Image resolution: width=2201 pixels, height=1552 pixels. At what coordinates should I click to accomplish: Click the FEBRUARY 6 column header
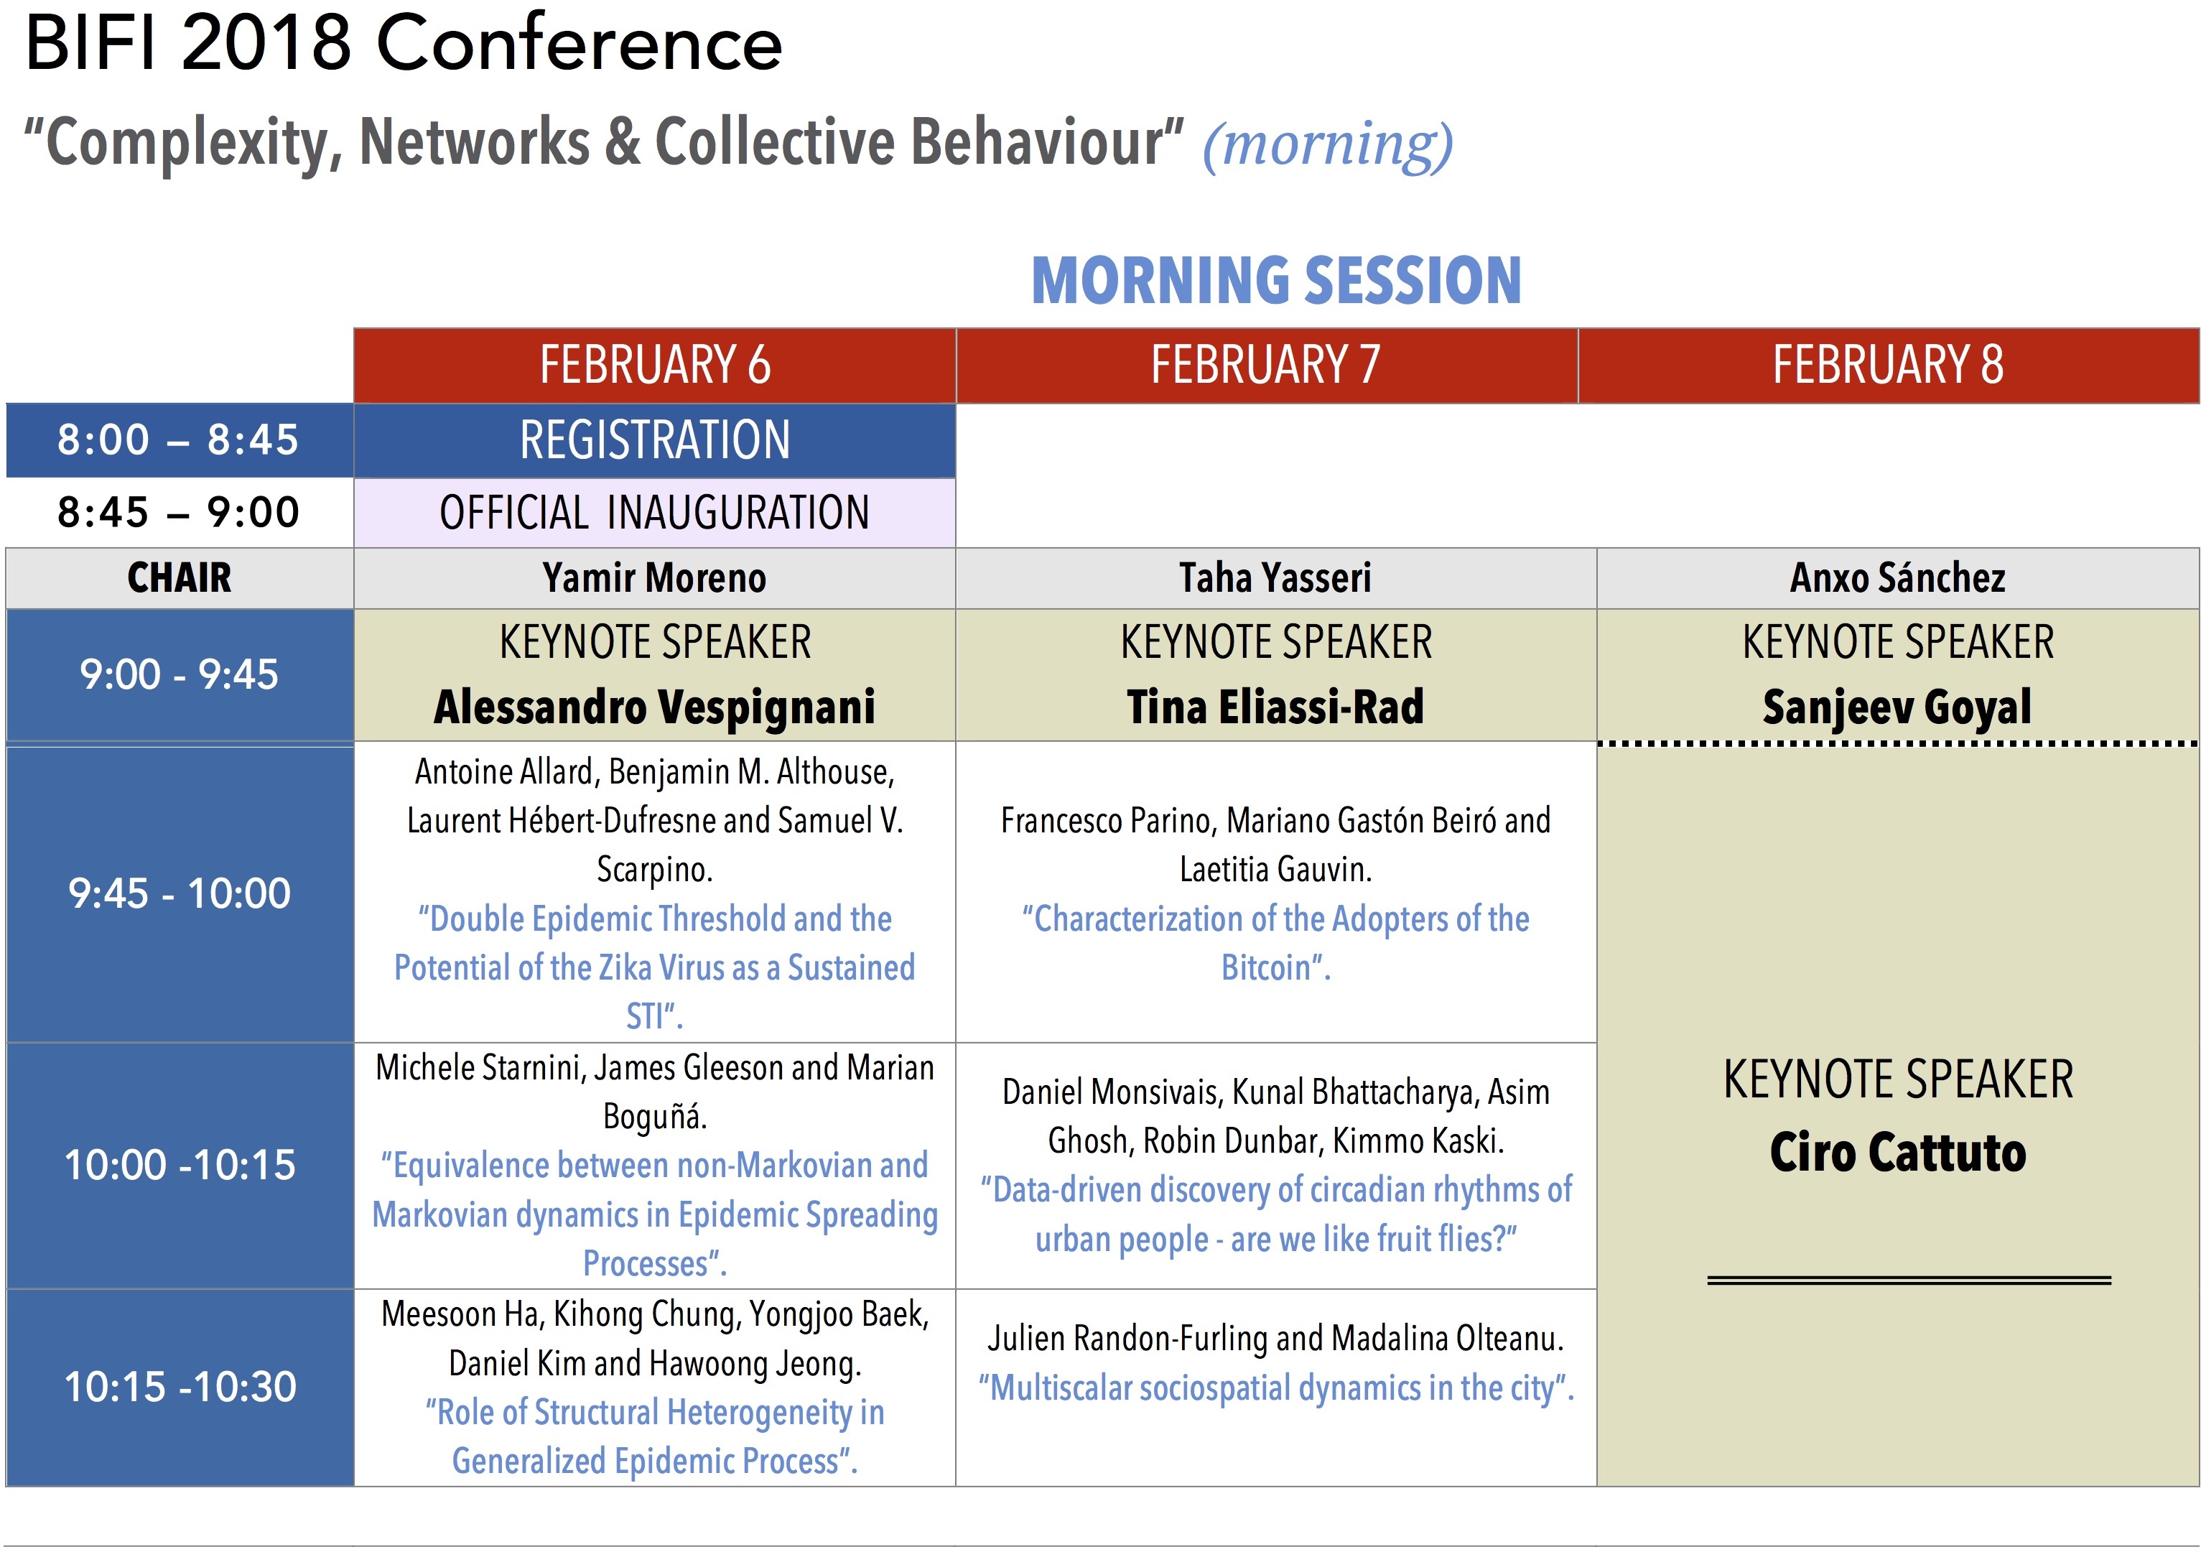[x=655, y=366]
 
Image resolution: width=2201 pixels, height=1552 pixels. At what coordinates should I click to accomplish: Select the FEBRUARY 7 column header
[x=1266, y=366]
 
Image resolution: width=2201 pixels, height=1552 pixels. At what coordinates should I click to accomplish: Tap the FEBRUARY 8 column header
[x=1889, y=366]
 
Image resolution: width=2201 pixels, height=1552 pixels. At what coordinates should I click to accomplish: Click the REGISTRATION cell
[x=655, y=440]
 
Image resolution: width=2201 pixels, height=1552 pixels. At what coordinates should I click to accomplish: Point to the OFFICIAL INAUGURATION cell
[x=655, y=513]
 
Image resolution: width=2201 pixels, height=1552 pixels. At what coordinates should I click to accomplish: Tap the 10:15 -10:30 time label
[x=180, y=1387]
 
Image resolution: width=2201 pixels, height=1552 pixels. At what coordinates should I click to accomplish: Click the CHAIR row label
[x=180, y=578]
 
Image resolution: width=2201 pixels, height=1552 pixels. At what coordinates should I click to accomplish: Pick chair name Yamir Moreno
[x=655, y=578]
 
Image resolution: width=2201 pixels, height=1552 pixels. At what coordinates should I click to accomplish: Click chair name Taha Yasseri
[x=1275, y=578]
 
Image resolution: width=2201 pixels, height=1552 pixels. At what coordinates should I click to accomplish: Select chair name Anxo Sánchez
[x=1898, y=578]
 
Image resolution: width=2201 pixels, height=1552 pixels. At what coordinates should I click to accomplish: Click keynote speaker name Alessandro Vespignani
[x=655, y=707]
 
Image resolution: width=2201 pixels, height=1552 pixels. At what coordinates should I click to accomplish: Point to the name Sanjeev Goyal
[x=1897, y=707]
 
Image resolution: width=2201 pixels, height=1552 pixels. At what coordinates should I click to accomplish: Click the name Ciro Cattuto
[x=1898, y=1152]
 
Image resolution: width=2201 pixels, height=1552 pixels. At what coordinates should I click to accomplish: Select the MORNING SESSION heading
[x=1276, y=280]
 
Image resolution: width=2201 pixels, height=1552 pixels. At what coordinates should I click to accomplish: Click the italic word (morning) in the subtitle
[x=1328, y=145]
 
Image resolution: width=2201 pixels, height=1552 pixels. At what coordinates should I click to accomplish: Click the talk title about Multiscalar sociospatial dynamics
[x=1276, y=1388]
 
